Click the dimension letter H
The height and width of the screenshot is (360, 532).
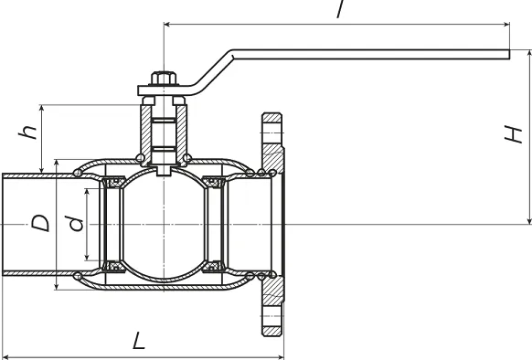(513, 134)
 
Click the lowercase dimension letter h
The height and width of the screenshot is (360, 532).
(27, 132)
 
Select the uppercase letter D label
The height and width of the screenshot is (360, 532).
(40, 223)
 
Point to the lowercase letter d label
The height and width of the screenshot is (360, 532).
(76, 224)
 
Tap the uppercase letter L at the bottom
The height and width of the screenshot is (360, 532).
(138, 341)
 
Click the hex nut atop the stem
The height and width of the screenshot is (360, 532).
(164, 78)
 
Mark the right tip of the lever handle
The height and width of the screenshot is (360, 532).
(509, 54)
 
